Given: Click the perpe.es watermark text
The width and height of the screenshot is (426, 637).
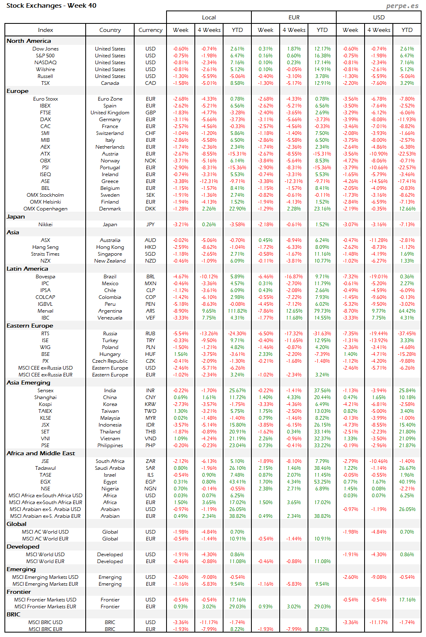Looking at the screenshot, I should [x=402, y=6].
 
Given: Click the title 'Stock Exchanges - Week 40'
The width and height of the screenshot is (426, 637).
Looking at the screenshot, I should [x=51, y=6].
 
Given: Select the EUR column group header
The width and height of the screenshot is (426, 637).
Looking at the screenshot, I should [x=294, y=17].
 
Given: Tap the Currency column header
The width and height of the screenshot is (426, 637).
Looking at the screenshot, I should [x=150, y=30].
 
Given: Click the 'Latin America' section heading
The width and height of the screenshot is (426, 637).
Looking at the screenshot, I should [x=27, y=269].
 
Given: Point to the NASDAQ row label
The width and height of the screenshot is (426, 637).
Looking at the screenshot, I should [x=45, y=63].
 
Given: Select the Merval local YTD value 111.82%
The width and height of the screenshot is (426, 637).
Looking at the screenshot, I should [x=237, y=311].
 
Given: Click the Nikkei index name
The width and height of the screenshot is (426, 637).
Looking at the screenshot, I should [x=45, y=225].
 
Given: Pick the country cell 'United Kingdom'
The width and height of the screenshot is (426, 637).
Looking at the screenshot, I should [x=110, y=113].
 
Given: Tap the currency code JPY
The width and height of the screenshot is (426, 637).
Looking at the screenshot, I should [x=150, y=225].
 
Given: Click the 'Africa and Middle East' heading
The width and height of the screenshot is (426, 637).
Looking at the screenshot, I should [x=40, y=453].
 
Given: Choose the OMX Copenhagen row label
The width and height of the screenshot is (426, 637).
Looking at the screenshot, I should [x=45, y=209].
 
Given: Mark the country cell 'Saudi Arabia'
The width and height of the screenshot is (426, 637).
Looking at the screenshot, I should [x=110, y=468].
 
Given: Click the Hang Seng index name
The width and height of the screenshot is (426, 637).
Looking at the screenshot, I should [x=45, y=247].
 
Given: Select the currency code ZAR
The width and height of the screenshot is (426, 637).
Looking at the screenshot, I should [x=150, y=461].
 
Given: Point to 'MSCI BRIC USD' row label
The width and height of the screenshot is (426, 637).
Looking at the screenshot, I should [x=45, y=622].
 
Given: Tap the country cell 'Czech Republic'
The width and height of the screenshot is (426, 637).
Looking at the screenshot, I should [x=110, y=361].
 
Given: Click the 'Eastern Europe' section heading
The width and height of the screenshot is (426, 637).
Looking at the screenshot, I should [x=30, y=326].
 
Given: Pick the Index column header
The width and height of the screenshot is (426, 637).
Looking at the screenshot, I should [x=45, y=30].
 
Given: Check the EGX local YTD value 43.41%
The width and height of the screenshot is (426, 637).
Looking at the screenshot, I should [x=237, y=482].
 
